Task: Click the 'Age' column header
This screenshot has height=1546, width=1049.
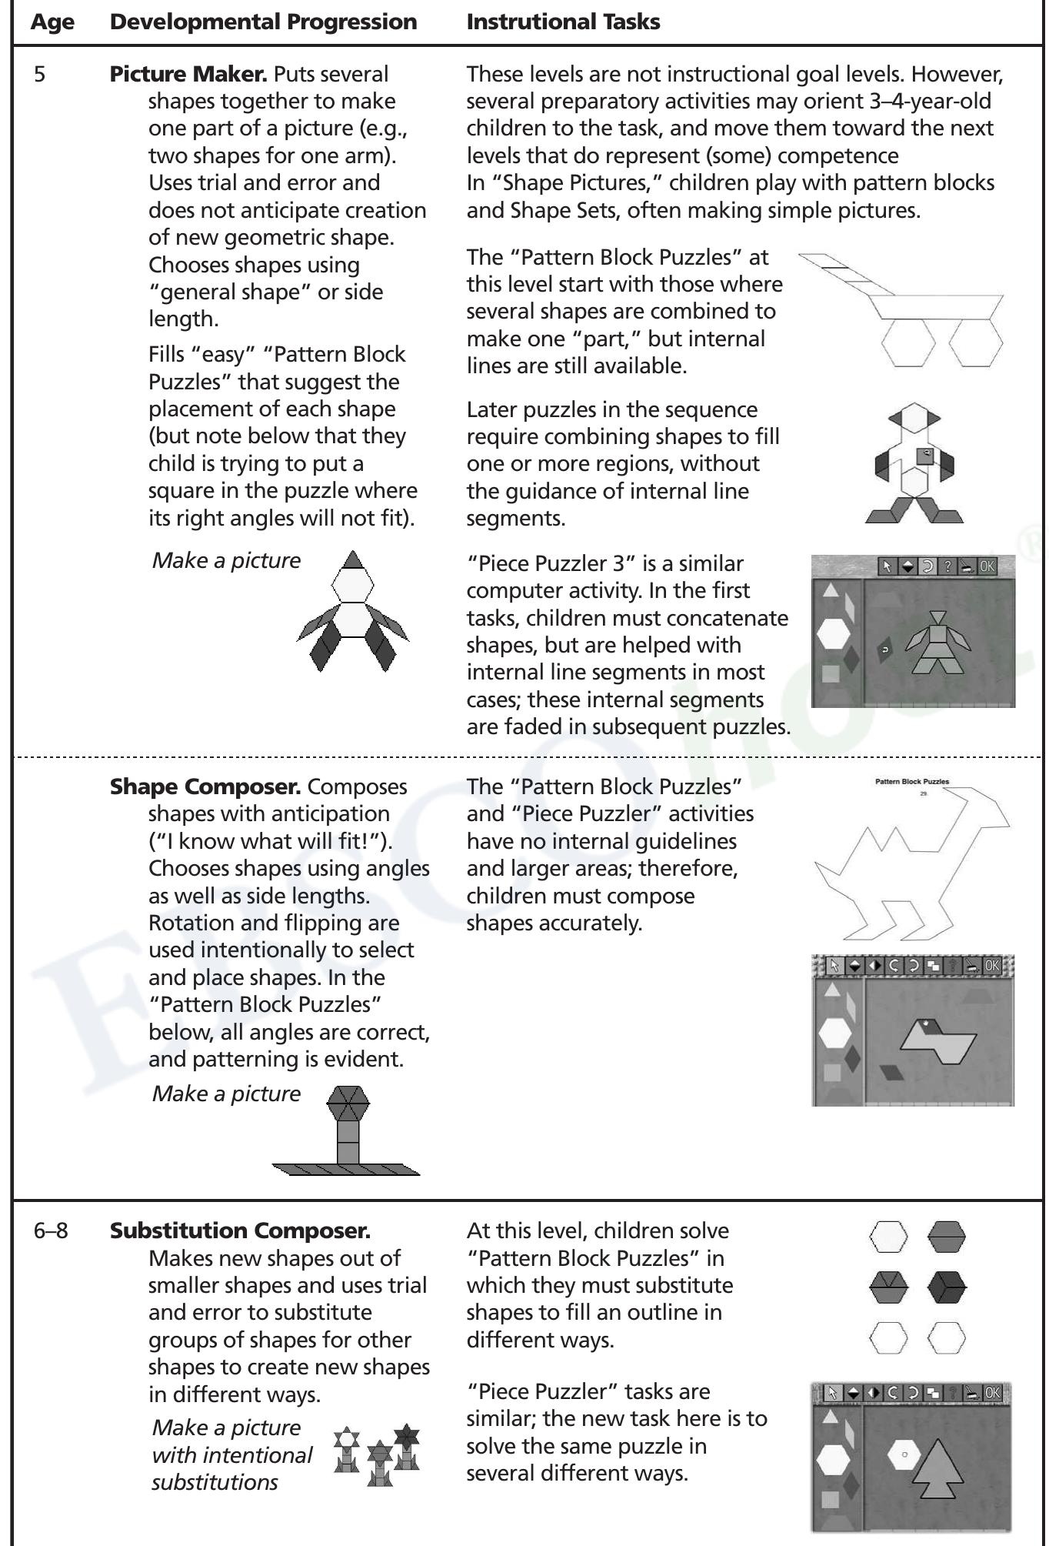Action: (x=52, y=22)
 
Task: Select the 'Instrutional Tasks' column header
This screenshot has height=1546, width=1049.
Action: (x=563, y=22)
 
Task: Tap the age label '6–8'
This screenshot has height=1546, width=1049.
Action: (x=51, y=1230)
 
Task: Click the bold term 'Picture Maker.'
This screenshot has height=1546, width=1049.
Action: (x=188, y=74)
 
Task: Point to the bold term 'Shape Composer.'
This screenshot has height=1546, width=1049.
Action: (x=205, y=786)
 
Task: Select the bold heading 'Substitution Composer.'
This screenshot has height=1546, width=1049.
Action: (x=240, y=1230)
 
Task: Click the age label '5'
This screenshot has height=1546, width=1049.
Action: (x=39, y=74)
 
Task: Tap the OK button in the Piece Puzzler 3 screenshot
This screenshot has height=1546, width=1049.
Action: (x=987, y=566)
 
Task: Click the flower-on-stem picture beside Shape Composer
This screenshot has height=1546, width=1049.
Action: (x=347, y=1131)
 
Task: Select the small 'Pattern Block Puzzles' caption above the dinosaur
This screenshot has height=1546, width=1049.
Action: (x=911, y=781)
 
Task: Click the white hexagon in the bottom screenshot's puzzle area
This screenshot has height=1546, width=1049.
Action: (x=904, y=1454)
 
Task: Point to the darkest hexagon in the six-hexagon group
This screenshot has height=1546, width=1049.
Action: (x=947, y=1286)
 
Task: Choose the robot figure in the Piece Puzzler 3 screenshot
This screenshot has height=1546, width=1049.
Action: (x=937, y=643)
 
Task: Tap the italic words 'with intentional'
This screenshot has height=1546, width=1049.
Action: (x=232, y=1455)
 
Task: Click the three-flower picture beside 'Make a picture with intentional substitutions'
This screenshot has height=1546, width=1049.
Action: (x=377, y=1454)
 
